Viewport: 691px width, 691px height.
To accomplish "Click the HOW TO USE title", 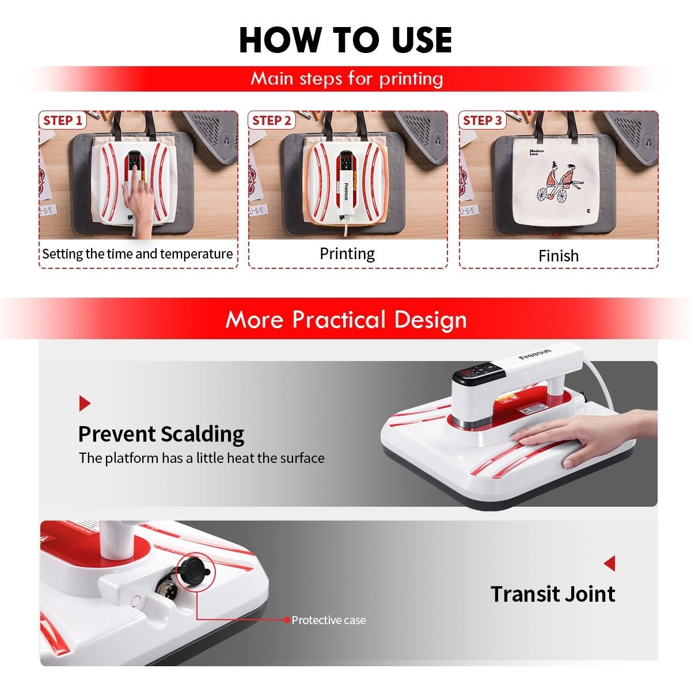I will tap(345, 40).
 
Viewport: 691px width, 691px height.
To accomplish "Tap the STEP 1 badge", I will tap(63, 120).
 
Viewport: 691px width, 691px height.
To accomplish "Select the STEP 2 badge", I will tap(272, 120).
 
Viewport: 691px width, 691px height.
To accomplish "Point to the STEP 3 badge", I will tap(483, 120).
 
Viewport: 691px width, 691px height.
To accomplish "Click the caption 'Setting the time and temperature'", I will tap(138, 254).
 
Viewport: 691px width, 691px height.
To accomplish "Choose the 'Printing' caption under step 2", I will tap(347, 254).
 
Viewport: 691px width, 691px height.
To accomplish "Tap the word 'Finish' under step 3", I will tap(558, 256).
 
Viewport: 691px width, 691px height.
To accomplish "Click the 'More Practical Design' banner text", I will tap(345, 320).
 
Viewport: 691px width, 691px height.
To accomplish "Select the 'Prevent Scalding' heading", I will tap(161, 434).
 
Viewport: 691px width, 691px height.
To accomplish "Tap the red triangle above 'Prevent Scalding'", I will tap(85, 403).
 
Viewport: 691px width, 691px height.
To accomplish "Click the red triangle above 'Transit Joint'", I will tap(609, 563).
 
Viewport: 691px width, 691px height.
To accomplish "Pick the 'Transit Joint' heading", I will tap(553, 594).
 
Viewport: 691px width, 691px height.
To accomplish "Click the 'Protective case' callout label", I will tap(328, 620).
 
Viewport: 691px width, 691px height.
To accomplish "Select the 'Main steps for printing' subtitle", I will tap(347, 78).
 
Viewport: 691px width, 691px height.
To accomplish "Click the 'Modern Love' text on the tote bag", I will tap(536, 153).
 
